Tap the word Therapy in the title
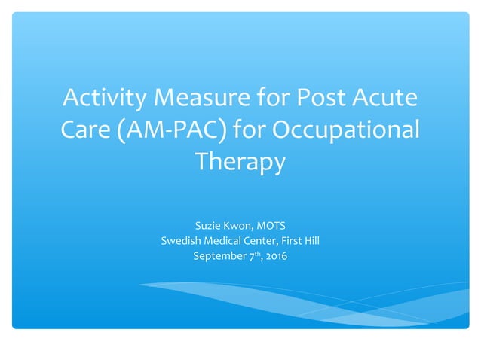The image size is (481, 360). point(240,162)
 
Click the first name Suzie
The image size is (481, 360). point(208,224)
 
